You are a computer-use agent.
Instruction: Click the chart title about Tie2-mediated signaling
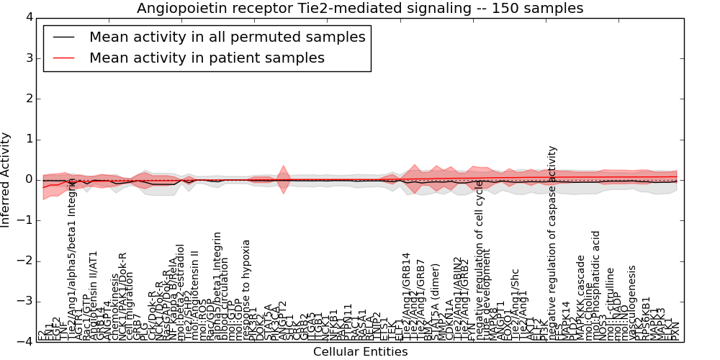(x=360, y=8)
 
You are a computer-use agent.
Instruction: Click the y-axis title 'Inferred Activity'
(x=6, y=179)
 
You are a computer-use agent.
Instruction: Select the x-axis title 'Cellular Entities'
(x=360, y=352)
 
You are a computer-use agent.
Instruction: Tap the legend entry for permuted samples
(x=227, y=37)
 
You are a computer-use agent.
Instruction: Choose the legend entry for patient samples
(x=207, y=58)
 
